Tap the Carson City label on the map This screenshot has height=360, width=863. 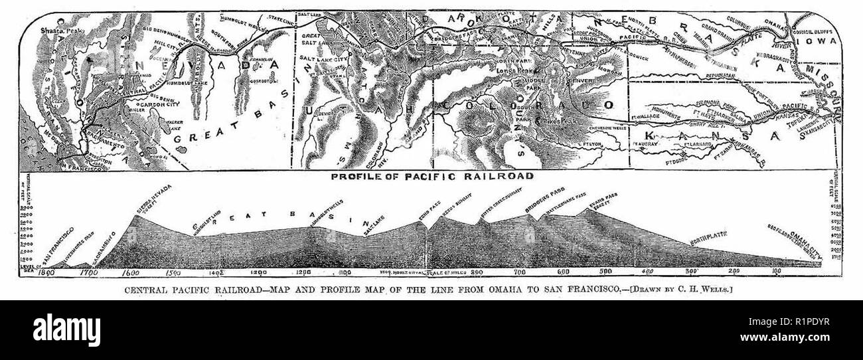157,104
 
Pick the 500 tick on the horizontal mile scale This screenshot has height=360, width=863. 605,272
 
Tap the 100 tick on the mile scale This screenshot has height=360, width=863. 775,272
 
